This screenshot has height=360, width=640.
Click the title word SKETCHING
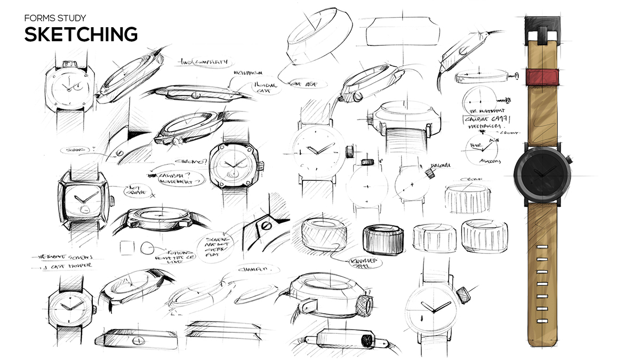coord(81,33)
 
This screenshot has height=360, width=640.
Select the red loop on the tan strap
coord(543,76)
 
